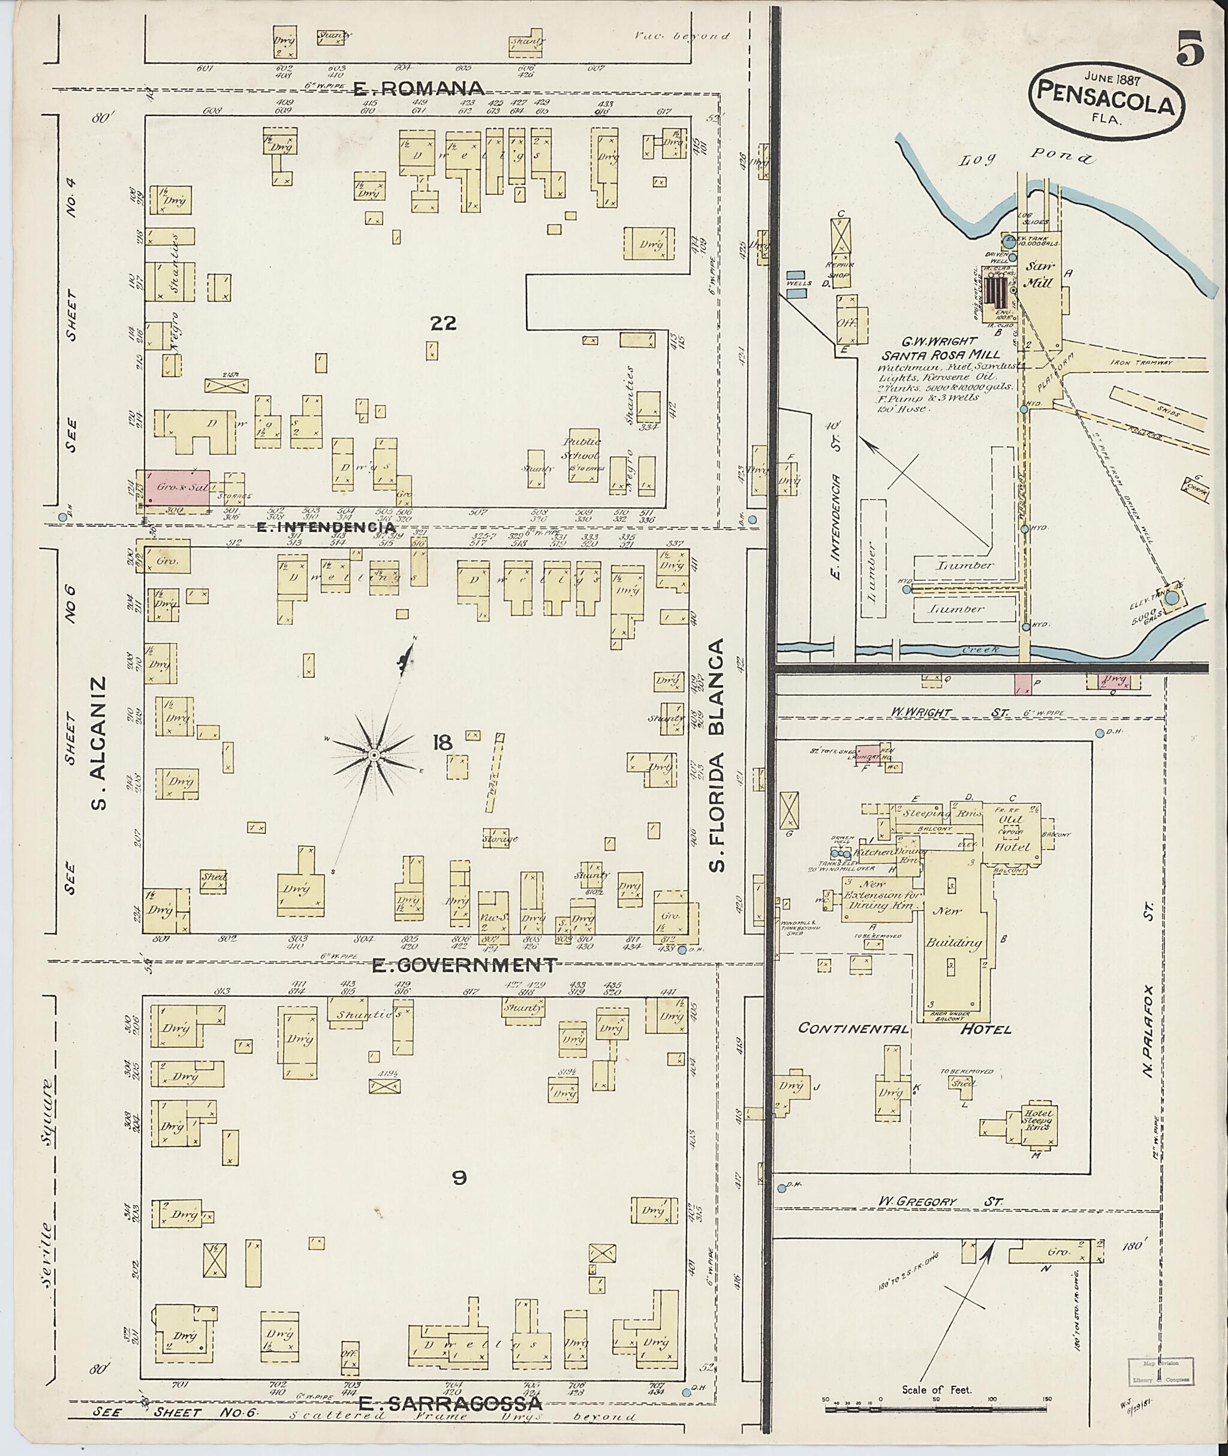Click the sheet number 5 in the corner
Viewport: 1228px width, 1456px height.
(x=1190, y=51)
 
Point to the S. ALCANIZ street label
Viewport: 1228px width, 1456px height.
(x=100, y=743)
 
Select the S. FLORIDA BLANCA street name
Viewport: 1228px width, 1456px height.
(x=718, y=755)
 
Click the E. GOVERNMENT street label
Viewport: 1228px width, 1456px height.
(x=463, y=965)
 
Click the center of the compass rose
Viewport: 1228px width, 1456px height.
(x=374, y=755)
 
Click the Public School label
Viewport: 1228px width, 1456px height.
(x=583, y=449)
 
